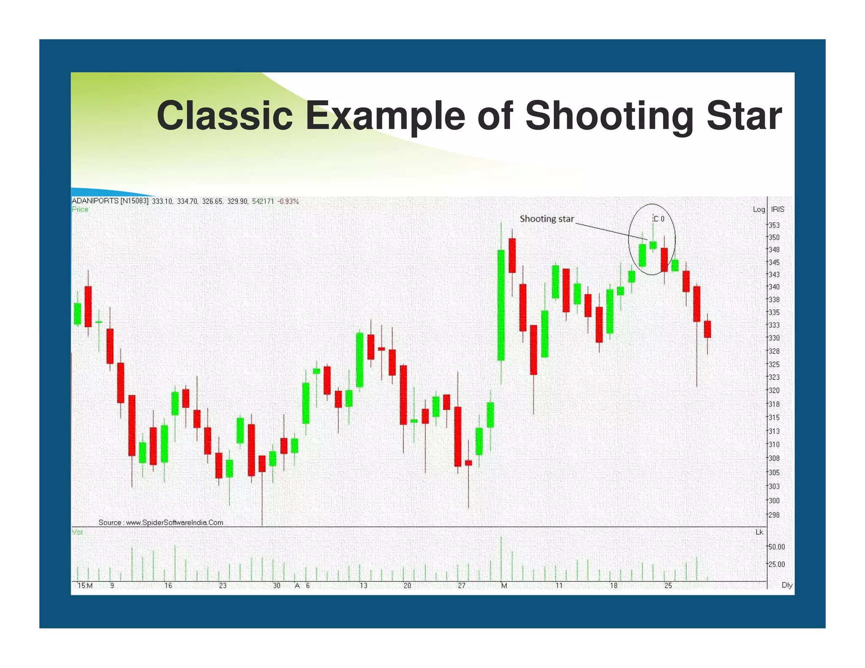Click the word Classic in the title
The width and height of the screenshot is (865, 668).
coord(224,115)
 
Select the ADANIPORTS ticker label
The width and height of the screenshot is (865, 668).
coord(95,201)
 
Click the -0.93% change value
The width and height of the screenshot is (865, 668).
coord(288,201)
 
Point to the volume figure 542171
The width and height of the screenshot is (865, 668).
coord(263,201)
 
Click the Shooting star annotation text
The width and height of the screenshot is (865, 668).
coord(547,219)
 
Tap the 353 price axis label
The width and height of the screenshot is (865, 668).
coord(774,225)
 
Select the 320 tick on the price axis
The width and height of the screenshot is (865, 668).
coord(774,391)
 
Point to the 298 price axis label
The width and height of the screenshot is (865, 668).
coord(774,515)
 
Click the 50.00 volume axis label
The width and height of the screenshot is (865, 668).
coord(776,547)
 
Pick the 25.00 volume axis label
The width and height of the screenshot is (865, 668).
coord(776,565)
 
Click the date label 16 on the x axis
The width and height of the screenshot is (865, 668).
coord(168,586)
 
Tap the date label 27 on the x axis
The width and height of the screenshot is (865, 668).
coord(462,586)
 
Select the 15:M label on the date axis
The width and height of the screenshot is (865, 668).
coord(85,586)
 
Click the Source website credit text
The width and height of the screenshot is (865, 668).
coord(160,522)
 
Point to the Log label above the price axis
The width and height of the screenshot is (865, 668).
coord(759,209)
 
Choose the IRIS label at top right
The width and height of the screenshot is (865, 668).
coord(778,209)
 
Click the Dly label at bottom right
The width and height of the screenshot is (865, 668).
coord(787,585)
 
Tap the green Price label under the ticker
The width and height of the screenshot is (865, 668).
coord(80,209)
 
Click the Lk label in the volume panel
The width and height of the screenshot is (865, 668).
coord(759,532)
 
